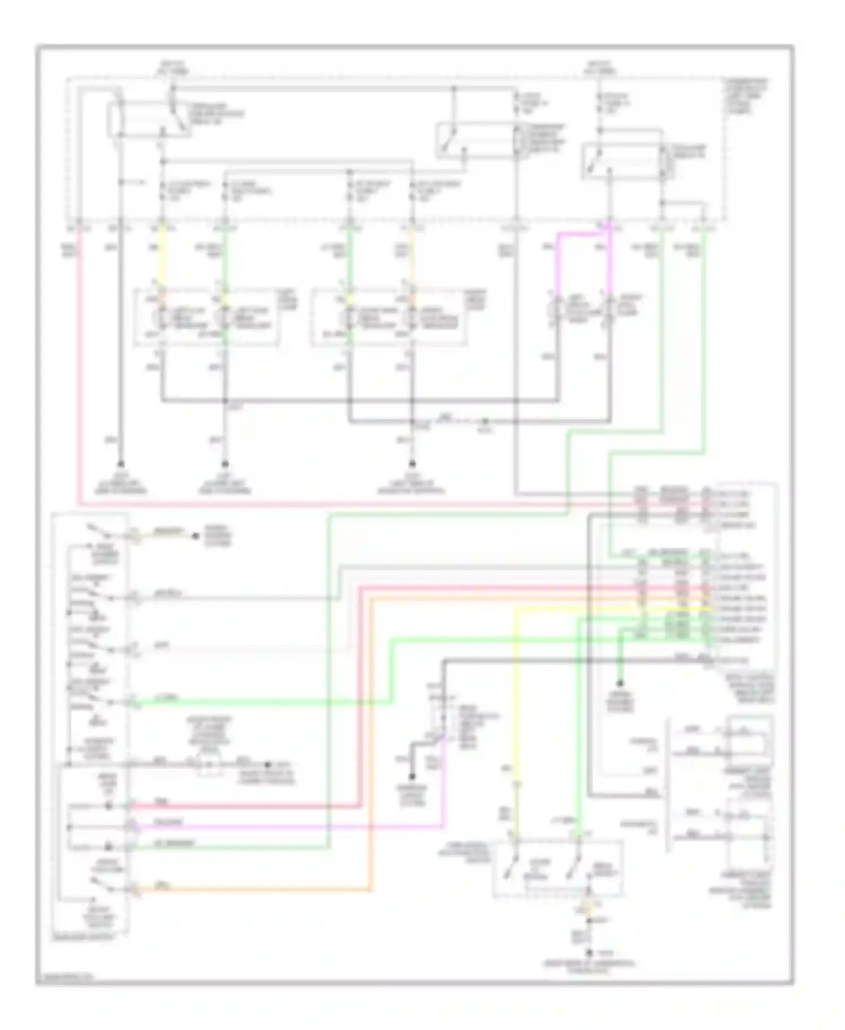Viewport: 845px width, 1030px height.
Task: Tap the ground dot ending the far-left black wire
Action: click(120, 465)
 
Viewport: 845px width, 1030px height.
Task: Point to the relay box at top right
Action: click(622, 162)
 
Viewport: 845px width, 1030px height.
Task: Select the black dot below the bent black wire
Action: click(412, 776)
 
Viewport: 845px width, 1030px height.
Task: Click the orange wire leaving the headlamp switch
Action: click(253, 890)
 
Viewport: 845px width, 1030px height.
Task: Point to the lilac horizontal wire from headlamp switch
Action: click(282, 827)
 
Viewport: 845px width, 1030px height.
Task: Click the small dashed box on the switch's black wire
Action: click(209, 765)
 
